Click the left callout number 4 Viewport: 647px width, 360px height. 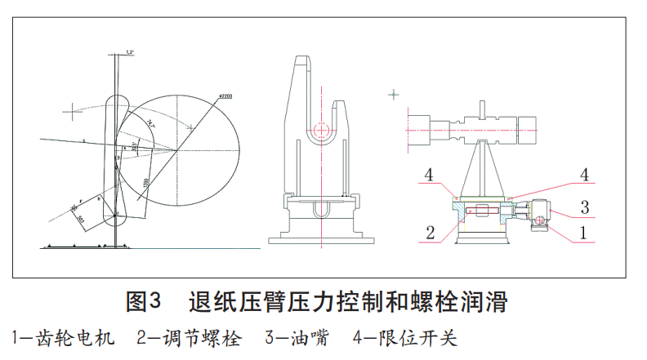coord(426,175)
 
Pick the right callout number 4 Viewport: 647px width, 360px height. coord(583,175)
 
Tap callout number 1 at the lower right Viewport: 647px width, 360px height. coord(583,233)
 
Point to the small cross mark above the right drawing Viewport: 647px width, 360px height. coord(394,96)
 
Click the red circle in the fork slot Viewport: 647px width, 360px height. coord(323,129)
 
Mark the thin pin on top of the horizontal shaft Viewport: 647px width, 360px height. coord(482,108)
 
